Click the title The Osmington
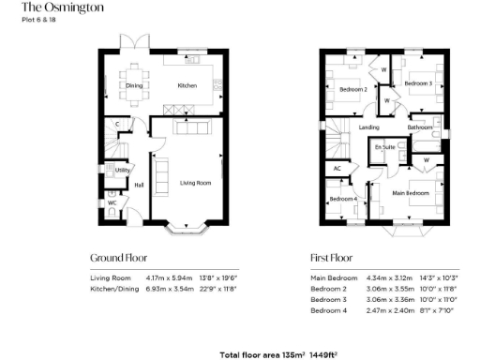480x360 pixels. [x=47, y=14]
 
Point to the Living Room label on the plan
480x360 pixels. [x=195, y=183]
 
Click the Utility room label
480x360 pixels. [x=122, y=171]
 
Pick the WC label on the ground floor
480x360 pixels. [x=112, y=202]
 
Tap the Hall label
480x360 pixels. [x=139, y=185]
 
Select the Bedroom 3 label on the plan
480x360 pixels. [x=417, y=84]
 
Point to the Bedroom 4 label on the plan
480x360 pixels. [x=343, y=199]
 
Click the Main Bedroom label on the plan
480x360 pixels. [x=411, y=193]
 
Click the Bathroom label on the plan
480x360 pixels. [x=419, y=127]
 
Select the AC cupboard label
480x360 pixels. [x=336, y=169]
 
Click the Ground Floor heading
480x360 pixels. [x=118, y=257]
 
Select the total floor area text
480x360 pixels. [x=277, y=354]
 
